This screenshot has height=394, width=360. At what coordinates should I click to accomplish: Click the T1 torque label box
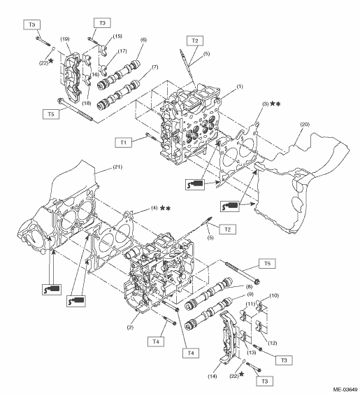pos(123,143)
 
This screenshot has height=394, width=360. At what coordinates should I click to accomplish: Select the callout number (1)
pos(240,87)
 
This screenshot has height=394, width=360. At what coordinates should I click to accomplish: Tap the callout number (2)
pos(130,328)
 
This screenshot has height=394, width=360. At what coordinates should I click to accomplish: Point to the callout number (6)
pos(143,40)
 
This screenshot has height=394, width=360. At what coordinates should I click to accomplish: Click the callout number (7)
pos(155,67)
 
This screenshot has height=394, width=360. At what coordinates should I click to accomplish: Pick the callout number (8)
pos(249,286)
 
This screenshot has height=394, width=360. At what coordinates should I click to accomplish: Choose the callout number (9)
pos(250,294)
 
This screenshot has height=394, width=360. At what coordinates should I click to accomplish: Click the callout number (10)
pos(274,295)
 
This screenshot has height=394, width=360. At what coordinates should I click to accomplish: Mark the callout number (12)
pos(273,343)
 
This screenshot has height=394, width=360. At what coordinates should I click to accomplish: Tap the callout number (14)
pos(212,377)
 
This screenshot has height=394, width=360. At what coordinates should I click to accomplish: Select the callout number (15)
pos(117,36)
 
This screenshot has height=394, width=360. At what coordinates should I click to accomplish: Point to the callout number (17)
pos(122,51)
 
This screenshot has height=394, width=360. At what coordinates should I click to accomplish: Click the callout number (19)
pos(65,39)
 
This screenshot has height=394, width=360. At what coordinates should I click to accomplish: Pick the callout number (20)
pos(305,124)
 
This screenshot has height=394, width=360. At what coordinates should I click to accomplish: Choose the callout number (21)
pos(117,167)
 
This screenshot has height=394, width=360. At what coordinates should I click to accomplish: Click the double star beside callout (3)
pos(275,104)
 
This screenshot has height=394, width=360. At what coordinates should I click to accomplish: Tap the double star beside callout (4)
pos(165,208)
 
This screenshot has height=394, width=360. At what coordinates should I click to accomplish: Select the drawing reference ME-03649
pos(345,390)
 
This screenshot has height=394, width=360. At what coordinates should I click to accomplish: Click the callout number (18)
pos(87,103)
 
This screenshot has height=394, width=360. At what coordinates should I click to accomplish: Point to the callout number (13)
pos(251,353)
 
